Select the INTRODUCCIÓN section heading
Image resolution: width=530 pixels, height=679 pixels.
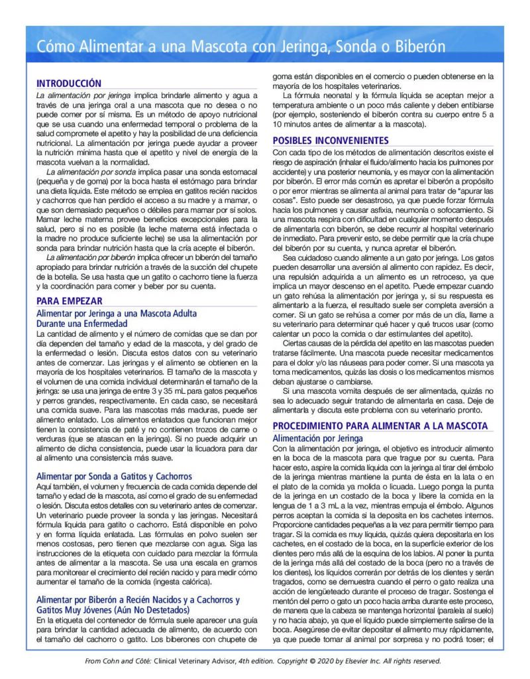point(69,84)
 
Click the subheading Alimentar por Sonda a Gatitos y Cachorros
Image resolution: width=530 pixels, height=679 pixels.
point(115,476)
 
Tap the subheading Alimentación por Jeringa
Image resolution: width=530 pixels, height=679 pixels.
point(318,438)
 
